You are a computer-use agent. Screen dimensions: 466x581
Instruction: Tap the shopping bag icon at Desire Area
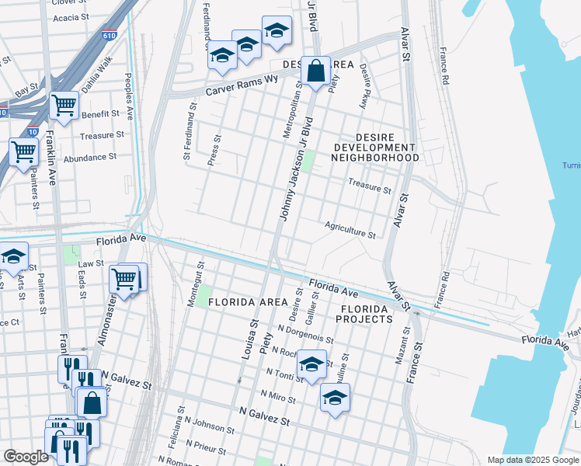coord(315,71)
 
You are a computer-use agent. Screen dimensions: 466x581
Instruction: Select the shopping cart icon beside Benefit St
coord(64,105)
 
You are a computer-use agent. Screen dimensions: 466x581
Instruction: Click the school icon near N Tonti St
coord(311,364)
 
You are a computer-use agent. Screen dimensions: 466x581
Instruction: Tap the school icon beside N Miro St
coord(335,398)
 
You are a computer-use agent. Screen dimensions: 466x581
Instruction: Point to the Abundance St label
coord(90,156)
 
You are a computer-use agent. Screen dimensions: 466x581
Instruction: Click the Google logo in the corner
coord(26,457)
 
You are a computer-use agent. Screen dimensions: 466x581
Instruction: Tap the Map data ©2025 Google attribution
coord(533,460)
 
